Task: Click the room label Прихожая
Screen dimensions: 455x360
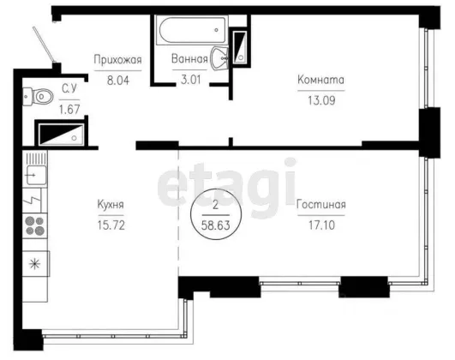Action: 117,60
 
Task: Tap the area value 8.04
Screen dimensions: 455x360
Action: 118,80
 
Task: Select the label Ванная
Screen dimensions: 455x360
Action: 189,58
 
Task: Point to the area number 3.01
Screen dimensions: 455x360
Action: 190,79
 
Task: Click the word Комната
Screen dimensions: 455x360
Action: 321,80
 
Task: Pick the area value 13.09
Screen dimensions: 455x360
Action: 321,100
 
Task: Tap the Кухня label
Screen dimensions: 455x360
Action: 111,204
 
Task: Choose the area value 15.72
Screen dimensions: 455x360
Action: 111,225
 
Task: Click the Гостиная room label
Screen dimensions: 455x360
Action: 321,204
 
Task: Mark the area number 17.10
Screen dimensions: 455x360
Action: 321,225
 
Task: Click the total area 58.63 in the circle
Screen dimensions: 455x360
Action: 216,225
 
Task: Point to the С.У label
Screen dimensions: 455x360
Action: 69,88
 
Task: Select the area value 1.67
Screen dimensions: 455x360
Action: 69,110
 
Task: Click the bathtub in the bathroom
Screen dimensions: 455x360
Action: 192,30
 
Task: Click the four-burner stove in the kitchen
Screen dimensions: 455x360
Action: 35,226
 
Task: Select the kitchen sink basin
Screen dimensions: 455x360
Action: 36,175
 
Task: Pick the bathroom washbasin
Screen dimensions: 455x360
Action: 219,58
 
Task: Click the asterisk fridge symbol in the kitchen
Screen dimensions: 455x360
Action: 35,264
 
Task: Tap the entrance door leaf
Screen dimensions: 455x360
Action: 44,44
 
